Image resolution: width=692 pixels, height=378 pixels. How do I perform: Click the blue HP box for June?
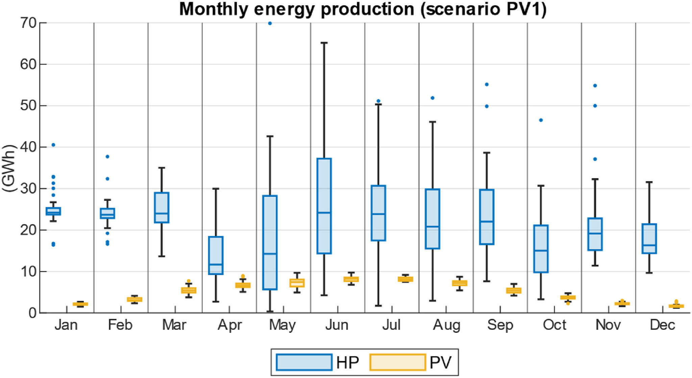coord(324,205)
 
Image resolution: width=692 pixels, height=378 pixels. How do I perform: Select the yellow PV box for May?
coord(297,283)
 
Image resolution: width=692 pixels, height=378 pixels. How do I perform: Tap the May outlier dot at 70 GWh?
coord(270,23)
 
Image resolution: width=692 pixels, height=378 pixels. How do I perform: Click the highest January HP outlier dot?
coord(53,145)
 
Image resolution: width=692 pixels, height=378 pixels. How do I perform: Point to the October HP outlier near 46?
coord(541,120)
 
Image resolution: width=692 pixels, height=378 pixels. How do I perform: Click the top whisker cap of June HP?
coord(324,43)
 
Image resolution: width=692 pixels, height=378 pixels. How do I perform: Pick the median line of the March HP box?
coord(162,214)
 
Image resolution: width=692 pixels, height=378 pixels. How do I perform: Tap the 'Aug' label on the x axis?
coord(446,325)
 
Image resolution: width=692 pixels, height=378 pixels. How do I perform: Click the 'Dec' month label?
coord(662,325)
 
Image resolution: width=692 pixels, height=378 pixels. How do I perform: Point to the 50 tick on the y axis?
coord(28,106)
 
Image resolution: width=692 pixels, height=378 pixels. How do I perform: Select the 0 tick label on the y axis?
coord(32,313)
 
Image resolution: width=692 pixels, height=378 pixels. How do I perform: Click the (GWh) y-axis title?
coord(9,168)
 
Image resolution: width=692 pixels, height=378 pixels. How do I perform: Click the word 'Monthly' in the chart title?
coord(213,9)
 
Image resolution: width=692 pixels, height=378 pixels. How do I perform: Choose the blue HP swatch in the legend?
coord(304,362)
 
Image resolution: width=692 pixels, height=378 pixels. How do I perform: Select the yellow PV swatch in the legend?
coord(397,362)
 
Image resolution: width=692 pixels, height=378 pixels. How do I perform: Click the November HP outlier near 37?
coord(595,159)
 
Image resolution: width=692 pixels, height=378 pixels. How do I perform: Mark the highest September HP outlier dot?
coord(487,85)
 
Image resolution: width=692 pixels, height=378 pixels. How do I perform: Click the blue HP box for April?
coord(216,255)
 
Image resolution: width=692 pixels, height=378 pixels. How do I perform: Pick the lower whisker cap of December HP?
coord(649,273)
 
